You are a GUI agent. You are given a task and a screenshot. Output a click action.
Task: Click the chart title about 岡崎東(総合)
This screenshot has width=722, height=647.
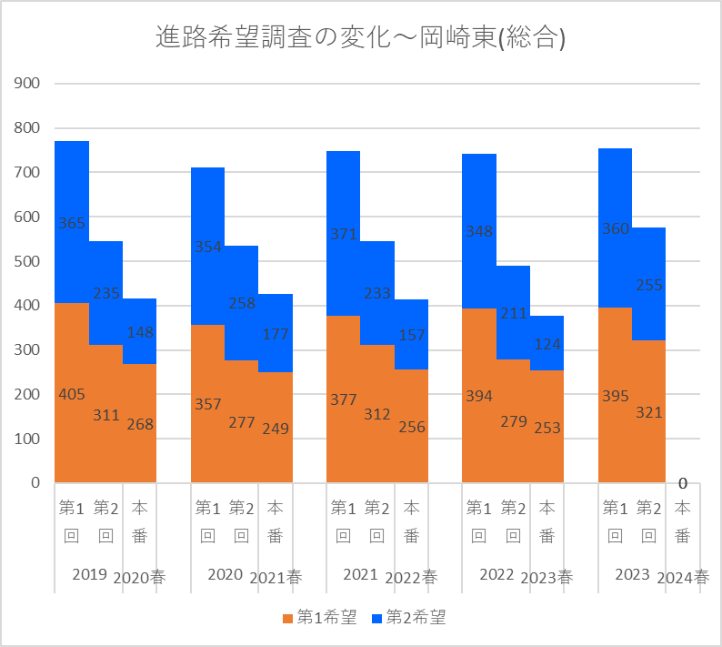361,38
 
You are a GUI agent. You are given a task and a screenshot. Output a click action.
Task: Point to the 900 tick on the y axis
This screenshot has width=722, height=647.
28,84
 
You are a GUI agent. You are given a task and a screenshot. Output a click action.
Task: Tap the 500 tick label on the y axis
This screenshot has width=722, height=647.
28,261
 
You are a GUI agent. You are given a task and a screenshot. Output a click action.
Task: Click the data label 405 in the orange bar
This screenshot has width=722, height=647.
71,394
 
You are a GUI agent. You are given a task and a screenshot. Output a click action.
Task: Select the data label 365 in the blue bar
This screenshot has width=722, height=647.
71,223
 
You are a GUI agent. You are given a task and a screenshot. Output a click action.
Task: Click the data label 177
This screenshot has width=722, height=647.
276,334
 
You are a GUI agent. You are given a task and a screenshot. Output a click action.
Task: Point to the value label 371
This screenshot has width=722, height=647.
344,235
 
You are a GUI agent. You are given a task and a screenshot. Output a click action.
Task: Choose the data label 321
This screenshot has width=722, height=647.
648,412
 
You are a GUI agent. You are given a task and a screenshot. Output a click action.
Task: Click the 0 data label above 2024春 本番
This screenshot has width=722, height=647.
682,483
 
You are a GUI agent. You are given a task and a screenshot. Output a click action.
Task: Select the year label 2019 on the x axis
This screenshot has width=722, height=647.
89,574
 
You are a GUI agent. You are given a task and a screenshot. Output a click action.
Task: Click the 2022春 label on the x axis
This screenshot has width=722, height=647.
411,577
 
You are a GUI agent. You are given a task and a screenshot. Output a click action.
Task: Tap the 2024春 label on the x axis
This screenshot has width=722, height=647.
683,577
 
